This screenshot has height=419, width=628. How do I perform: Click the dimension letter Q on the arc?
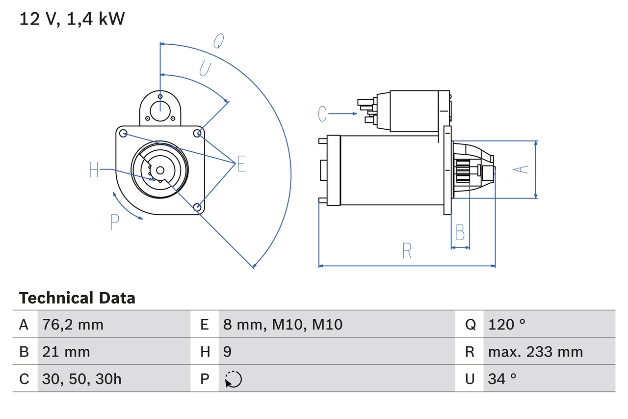tap(219, 42)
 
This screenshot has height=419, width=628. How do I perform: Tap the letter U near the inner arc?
tap(205, 68)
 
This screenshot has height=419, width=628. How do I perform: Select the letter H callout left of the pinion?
tap(94, 170)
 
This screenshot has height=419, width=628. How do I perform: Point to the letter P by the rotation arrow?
tap(114, 222)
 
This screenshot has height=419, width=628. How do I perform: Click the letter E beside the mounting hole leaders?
tap(241, 164)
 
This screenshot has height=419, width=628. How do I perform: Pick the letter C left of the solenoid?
tap(322, 114)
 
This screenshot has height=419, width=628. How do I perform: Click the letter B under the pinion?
tap(460, 232)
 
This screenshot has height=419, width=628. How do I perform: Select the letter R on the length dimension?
tap(406, 251)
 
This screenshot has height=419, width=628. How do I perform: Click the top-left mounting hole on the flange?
tap(124, 133)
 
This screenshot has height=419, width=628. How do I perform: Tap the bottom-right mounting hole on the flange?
tap(197, 207)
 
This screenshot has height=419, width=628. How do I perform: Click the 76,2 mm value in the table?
tap(73, 324)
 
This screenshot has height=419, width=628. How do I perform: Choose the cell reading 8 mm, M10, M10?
tap(283, 324)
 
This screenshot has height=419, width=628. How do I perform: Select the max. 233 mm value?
tap(535, 352)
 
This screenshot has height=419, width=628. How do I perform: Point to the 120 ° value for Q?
tap(507, 324)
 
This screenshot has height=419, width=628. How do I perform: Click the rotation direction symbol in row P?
tap(233, 379)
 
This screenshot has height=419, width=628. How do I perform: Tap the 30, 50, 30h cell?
tap(82, 379)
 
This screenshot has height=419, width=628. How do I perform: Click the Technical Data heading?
tap(77, 298)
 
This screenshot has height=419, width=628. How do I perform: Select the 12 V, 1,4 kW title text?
tap(72, 19)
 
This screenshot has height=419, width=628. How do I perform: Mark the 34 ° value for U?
tap(502, 379)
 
